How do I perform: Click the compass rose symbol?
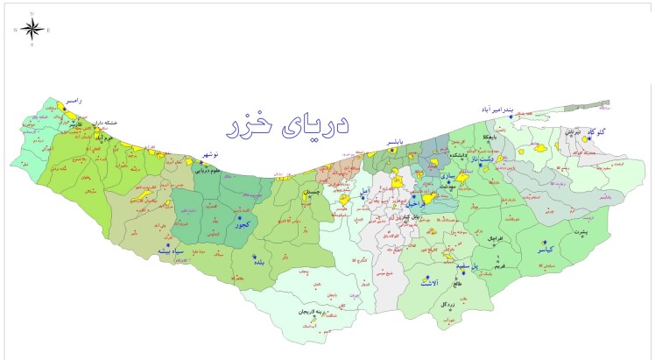(x=32, y=28)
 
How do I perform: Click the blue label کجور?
(x=240, y=224)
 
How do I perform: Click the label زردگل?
(x=447, y=304)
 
